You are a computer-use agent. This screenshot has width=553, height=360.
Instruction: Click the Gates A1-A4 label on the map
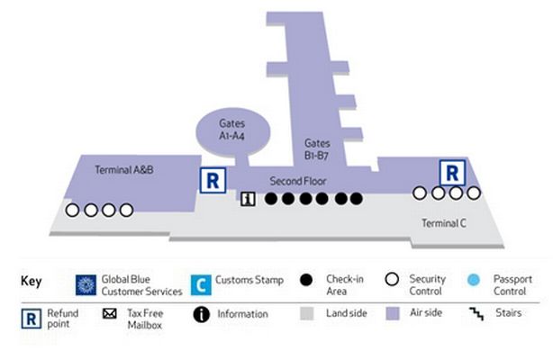231,130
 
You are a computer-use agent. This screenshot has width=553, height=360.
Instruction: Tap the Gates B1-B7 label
317,149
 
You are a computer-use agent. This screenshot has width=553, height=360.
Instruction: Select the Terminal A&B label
124,170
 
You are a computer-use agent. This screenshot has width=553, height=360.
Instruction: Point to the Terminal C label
444,223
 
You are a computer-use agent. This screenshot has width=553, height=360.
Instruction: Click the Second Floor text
298,181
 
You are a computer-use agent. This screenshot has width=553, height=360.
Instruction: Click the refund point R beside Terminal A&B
213,181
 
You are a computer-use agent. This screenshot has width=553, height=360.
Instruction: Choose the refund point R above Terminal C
452,173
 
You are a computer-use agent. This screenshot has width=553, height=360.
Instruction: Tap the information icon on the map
248,199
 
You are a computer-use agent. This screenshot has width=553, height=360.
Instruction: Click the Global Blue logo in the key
86,285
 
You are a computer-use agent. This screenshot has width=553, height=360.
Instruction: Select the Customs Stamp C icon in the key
201,285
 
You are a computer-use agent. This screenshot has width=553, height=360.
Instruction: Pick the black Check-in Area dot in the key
306,280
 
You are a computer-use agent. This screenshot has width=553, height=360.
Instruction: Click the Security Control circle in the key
392,279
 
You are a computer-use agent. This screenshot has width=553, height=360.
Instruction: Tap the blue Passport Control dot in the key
474,280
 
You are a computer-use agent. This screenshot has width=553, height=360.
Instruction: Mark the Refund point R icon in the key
31,319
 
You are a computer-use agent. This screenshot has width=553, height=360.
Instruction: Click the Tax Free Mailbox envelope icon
110,313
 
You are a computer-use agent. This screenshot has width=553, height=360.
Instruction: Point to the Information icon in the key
202,314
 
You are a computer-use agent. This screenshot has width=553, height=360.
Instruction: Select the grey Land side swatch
307,313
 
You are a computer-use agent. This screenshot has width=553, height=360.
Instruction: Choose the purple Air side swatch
392,313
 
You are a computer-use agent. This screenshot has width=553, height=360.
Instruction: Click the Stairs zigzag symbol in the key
476,313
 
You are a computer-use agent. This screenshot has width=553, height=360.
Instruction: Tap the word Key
32,282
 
